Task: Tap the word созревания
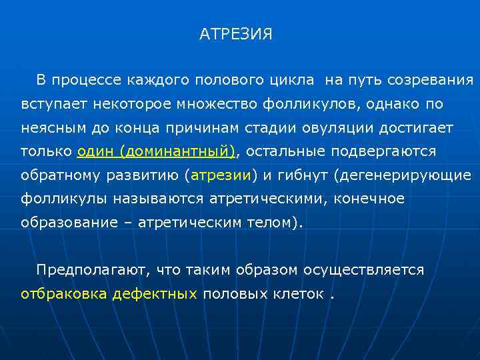pyautogui.click(x=431, y=81)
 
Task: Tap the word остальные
pyautogui.click(x=283, y=151)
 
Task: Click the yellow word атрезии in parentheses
pyautogui.click(x=221, y=175)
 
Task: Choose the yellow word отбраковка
pyautogui.click(x=64, y=293)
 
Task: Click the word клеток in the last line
pyautogui.click(x=301, y=293)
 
